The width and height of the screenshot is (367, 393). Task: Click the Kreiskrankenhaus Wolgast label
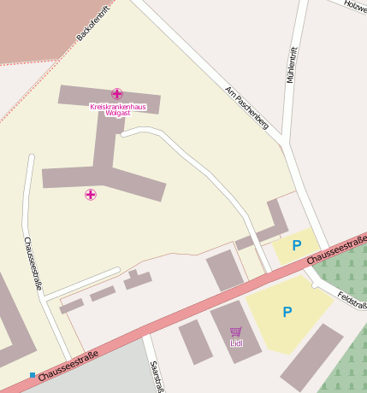pyautogui.click(x=117, y=109)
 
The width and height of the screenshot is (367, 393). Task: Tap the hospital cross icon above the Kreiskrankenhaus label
pyautogui.click(x=116, y=93)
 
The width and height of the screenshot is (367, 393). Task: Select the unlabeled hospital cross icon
pyautogui.click(x=90, y=195)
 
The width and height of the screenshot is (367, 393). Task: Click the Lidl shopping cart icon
pyautogui.click(x=236, y=331)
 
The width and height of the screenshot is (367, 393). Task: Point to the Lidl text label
pyautogui.click(x=236, y=343)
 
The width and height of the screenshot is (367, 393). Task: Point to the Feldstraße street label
pyautogui.click(x=352, y=300)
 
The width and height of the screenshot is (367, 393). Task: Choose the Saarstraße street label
pyautogui.click(x=156, y=376)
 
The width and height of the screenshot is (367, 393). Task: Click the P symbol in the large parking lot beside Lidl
pyautogui.click(x=287, y=313)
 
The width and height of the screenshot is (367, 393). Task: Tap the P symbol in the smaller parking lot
pyautogui.click(x=297, y=246)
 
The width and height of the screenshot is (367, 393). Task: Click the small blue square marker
pyautogui.click(x=33, y=375)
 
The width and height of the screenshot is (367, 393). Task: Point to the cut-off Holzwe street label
pyautogui.click(x=354, y=6)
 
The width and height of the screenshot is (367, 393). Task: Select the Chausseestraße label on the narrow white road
pyautogui.click(x=33, y=263)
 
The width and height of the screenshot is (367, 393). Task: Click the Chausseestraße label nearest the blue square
pyautogui.click(x=68, y=365)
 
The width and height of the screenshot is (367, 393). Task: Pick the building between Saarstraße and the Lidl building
pyautogui.click(x=195, y=342)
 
